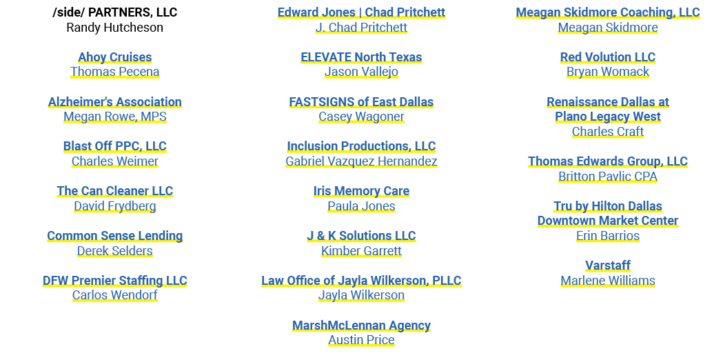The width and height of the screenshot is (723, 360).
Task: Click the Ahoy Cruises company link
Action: coord(115,57)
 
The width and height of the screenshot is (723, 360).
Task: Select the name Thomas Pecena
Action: coord(115,72)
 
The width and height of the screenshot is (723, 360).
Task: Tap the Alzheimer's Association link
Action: coord(115,102)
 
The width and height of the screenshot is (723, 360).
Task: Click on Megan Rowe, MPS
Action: coord(115,117)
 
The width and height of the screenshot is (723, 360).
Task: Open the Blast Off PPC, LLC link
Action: coord(115,146)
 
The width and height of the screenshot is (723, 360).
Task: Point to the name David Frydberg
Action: coord(115,206)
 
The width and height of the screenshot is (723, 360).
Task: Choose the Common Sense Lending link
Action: coord(115,236)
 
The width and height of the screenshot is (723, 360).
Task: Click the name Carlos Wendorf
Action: coord(115,295)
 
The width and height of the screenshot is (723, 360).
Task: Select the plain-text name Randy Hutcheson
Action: coord(115,28)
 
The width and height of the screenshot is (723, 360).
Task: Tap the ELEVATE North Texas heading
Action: coord(361,57)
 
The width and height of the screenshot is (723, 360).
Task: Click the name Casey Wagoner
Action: coord(361,117)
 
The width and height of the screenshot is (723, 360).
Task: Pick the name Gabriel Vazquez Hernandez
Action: coord(361,161)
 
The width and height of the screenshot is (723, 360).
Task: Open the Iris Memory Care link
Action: coord(361,191)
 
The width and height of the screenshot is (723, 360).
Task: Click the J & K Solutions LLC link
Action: coord(361,236)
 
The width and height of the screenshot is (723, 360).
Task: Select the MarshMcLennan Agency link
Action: coord(361,326)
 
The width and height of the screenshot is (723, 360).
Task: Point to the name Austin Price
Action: coord(361,340)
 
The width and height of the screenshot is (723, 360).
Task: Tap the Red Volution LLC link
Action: coord(608,57)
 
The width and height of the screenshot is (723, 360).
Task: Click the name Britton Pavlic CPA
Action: coord(608,177)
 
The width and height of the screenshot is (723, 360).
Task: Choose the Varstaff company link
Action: coord(608,266)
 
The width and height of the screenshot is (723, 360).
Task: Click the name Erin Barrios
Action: coord(608,236)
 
